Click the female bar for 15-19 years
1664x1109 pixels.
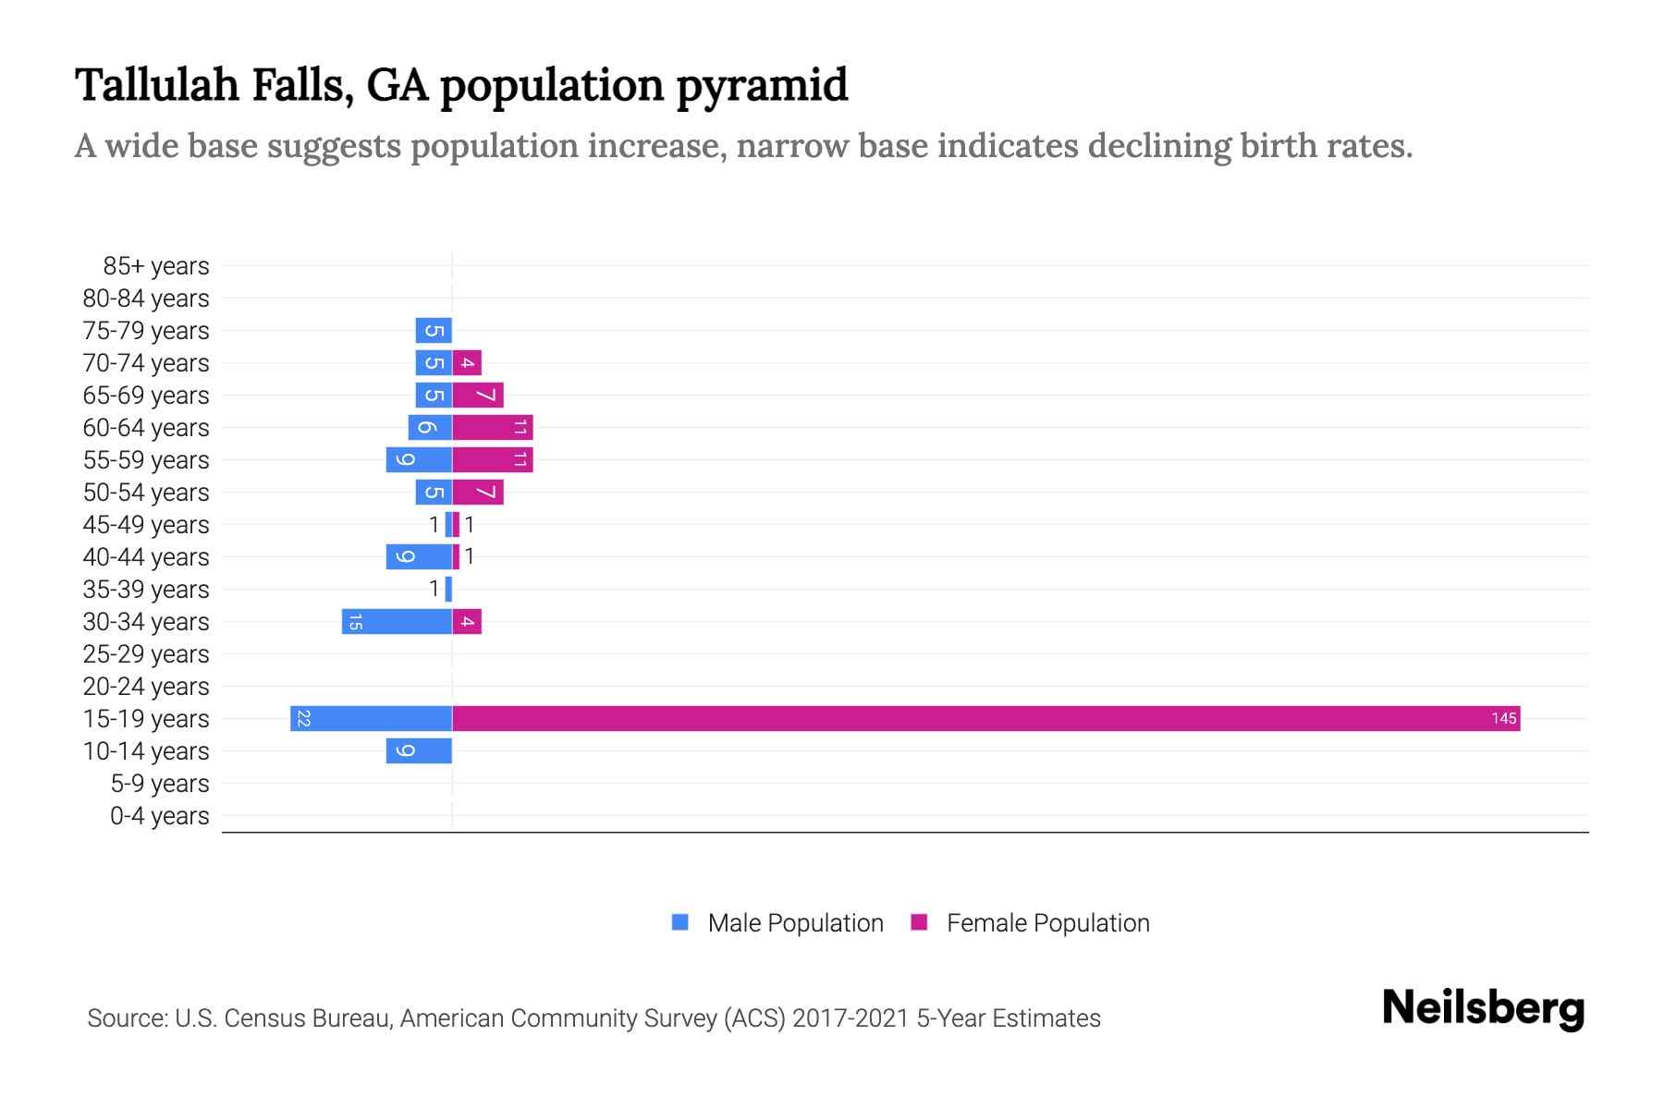(985, 718)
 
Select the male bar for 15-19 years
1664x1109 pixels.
(371, 718)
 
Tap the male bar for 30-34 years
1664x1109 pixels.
(397, 621)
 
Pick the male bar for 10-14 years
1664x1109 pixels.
(419, 750)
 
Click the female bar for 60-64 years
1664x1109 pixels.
(492, 427)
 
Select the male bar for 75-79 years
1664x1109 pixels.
(434, 330)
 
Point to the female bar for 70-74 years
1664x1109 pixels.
(467, 362)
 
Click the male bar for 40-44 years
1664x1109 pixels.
(419, 556)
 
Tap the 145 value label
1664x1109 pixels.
(1503, 718)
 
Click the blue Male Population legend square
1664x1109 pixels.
(680, 922)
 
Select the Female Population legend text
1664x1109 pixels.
(1047, 922)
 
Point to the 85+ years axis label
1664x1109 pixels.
(156, 266)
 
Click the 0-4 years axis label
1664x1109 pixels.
(159, 816)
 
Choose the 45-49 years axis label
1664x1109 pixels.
(146, 525)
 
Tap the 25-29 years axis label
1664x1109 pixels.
(146, 654)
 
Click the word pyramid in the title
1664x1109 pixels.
(762, 86)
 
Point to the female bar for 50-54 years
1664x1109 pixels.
(478, 492)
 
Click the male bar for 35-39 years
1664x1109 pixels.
(448, 589)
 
